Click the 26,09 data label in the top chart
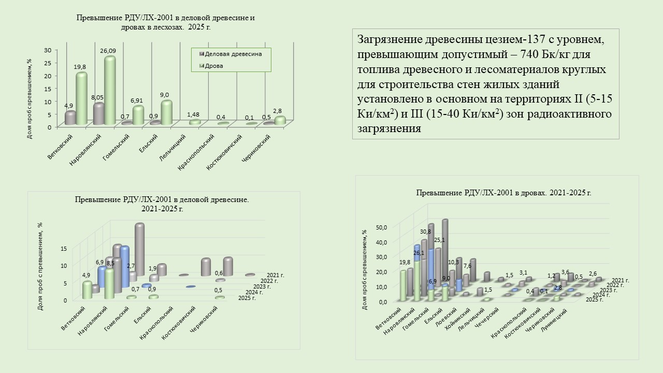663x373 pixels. point(108,51)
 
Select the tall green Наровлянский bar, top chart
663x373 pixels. point(109,91)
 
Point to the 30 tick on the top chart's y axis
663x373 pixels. point(48,50)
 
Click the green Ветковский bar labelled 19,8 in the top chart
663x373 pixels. point(81,98)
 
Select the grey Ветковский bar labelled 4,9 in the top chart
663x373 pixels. point(70,118)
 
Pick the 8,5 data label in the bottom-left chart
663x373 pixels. point(110,263)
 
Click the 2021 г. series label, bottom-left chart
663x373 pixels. point(276,275)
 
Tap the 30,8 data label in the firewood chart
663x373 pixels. point(426,232)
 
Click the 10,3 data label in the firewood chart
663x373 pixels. point(454,262)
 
